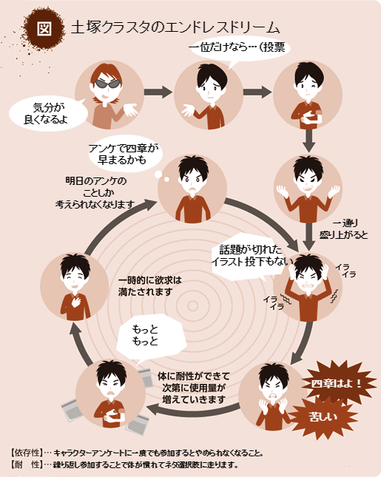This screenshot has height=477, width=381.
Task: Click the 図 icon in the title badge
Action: [x=44, y=29]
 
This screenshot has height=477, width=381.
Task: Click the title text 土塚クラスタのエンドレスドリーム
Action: [x=175, y=28]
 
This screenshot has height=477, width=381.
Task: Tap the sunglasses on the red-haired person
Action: [x=107, y=84]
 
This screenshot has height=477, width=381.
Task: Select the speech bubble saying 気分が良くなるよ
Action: [x=49, y=113]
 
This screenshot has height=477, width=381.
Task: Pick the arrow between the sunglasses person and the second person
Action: [x=158, y=92]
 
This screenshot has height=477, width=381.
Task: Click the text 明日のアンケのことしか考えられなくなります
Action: [x=95, y=193]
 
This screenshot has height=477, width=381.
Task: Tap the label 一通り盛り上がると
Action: [x=344, y=229]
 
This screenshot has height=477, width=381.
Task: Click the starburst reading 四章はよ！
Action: [x=337, y=383]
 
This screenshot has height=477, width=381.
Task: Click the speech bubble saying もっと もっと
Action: [x=150, y=336]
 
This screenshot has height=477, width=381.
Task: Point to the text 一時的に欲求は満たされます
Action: [x=149, y=286]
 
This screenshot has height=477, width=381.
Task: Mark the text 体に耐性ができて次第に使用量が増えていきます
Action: [x=194, y=388]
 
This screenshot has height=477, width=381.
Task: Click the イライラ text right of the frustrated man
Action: [x=345, y=271]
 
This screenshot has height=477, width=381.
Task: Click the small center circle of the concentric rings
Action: [x=192, y=305]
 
